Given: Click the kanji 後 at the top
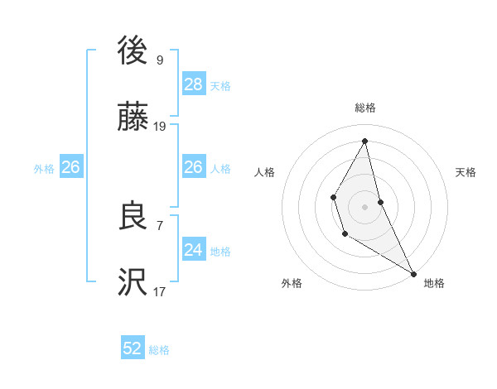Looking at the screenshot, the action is (x=133, y=52).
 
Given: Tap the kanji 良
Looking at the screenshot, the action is (x=133, y=217).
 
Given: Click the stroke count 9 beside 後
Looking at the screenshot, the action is (x=160, y=60).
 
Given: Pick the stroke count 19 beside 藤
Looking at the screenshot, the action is (x=160, y=127).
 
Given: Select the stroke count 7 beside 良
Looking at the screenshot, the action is (x=160, y=224).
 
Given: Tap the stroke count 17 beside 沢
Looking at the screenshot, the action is (x=160, y=291).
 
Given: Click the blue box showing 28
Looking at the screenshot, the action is (x=194, y=84).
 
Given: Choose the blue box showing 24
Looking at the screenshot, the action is (x=194, y=249).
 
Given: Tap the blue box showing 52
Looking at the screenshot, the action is (x=133, y=348).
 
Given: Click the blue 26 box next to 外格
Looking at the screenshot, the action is (x=70, y=167).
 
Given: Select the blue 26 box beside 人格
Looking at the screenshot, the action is (x=194, y=167).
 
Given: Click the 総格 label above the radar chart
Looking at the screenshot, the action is (x=365, y=108).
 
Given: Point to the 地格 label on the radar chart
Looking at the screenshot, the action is (x=434, y=283).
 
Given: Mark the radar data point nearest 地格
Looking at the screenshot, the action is (x=413, y=274).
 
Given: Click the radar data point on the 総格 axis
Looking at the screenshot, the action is (x=365, y=141).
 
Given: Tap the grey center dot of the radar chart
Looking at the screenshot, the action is (x=365, y=205).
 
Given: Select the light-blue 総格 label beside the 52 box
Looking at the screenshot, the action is (x=159, y=350).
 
